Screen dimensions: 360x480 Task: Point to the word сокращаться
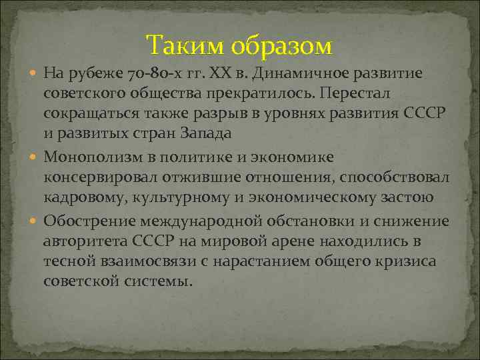(x=85, y=114)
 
